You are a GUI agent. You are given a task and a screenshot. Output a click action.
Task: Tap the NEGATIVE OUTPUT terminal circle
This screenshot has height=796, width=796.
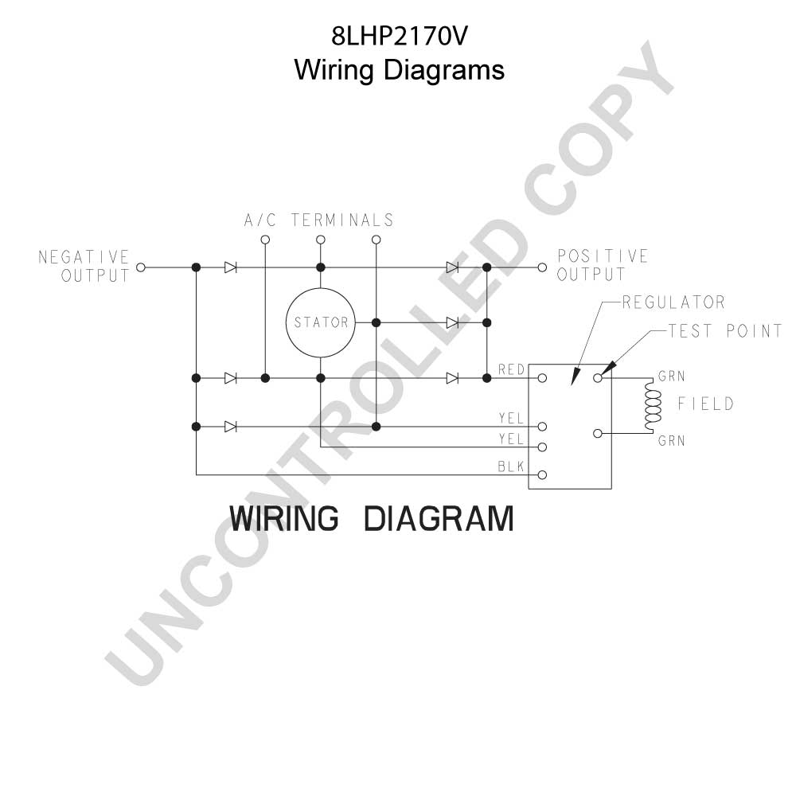pyautogui.click(x=141, y=267)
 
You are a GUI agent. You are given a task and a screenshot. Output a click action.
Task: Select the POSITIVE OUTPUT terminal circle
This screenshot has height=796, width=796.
pyautogui.click(x=542, y=267)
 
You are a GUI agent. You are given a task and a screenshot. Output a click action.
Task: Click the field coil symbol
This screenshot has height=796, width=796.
pyautogui.click(x=653, y=405)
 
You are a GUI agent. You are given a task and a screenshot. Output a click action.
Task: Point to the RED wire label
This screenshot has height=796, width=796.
pyautogui.click(x=511, y=369)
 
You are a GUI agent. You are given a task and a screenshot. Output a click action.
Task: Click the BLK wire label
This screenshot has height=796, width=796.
pyautogui.click(x=511, y=466)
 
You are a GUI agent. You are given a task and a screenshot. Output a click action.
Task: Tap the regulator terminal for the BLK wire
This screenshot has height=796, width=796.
pyautogui.click(x=542, y=475)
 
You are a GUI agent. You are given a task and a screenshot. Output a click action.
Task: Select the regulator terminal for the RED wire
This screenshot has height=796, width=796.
pyautogui.click(x=542, y=377)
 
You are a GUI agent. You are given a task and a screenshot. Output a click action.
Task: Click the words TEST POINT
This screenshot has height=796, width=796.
pyautogui.click(x=725, y=331)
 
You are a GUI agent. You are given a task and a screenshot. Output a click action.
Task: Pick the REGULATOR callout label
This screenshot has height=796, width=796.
pyautogui.click(x=673, y=302)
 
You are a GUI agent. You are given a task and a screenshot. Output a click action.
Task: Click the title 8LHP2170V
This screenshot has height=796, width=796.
pyautogui.click(x=399, y=37)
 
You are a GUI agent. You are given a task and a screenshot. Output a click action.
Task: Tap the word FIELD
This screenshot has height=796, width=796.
pyautogui.click(x=706, y=404)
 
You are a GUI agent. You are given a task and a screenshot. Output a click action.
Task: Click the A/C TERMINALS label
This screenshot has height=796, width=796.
pyautogui.click(x=319, y=220)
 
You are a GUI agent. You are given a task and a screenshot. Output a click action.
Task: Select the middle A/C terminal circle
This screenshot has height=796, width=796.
pyautogui.click(x=320, y=240)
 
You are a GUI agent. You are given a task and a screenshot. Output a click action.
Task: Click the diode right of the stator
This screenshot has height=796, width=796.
pyautogui.click(x=452, y=322)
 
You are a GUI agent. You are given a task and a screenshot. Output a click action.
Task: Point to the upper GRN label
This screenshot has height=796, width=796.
pyautogui.click(x=672, y=377)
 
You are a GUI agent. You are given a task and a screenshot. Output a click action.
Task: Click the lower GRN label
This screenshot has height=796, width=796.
pyautogui.click(x=672, y=441)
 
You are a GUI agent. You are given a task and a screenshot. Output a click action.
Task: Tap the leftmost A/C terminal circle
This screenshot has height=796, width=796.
pyautogui.click(x=265, y=240)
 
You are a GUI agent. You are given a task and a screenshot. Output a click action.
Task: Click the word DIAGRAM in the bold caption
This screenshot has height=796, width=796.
pyautogui.click(x=439, y=518)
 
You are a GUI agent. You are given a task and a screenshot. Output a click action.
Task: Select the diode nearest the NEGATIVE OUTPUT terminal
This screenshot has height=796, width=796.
pyautogui.click(x=231, y=267)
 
